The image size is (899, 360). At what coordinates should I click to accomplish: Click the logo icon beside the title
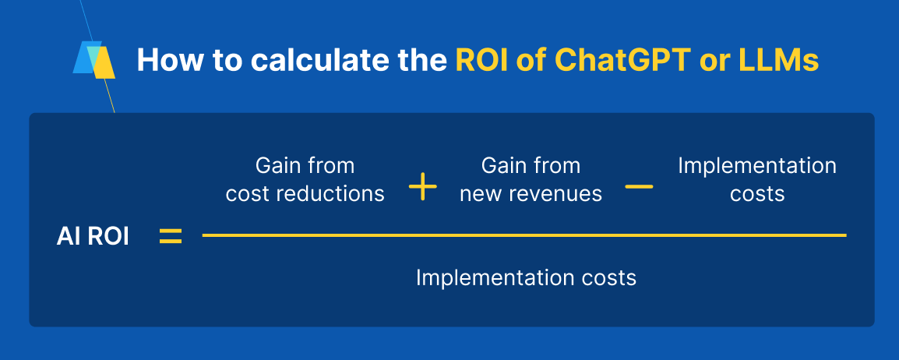(x=94, y=60)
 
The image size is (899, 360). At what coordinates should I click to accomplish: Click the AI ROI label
(x=93, y=237)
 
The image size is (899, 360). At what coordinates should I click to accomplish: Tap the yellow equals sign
(x=171, y=237)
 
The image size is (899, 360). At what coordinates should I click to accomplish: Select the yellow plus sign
(x=422, y=188)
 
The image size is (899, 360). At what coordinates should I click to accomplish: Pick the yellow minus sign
(x=640, y=188)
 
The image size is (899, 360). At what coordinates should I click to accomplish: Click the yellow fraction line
(x=524, y=235)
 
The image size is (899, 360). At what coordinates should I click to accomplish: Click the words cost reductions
(x=305, y=194)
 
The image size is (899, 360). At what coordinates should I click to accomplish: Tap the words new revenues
(x=531, y=194)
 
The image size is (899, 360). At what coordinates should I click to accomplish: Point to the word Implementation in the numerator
(x=756, y=166)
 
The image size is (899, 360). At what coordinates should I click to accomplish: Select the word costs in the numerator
(x=756, y=194)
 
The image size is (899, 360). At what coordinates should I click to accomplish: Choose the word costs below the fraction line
(x=609, y=278)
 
